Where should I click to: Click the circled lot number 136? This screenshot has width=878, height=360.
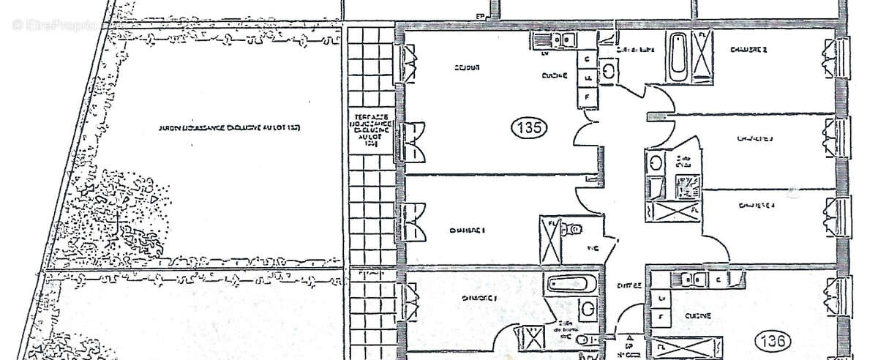pyautogui.click(x=773, y=340)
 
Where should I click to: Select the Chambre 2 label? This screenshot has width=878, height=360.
pyautogui.click(x=748, y=50)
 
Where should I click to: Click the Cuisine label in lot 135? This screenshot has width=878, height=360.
pyautogui.click(x=554, y=75)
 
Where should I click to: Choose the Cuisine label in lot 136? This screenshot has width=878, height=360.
pyautogui.click(x=694, y=316)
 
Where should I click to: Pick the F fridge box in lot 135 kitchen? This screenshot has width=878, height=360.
pyautogui.click(x=586, y=96)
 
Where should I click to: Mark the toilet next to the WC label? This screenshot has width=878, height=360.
pyautogui.click(x=575, y=230)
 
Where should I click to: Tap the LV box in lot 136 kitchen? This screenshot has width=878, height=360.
pyautogui.click(x=661, y=299)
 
